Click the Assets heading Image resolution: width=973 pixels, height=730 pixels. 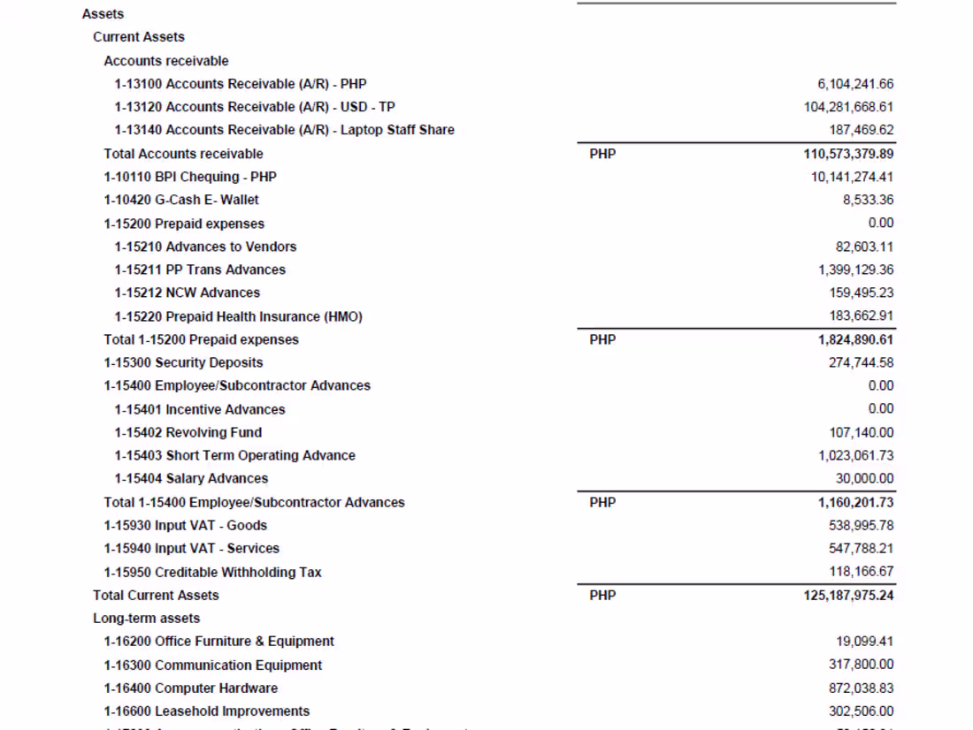point(103,14)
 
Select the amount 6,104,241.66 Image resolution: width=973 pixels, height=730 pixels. point(855,84)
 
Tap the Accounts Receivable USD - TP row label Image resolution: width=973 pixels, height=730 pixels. point(255,107)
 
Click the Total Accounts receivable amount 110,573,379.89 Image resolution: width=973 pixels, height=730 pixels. point(843,154)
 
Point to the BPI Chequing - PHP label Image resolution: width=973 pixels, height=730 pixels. point(190,177)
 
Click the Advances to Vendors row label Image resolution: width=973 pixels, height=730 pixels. point(205,247)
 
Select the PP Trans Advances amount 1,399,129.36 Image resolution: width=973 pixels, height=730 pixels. point(855,270)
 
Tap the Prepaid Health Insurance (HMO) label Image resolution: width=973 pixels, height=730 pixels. point(238,316)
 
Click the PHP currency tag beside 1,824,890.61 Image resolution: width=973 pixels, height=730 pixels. point(602,339)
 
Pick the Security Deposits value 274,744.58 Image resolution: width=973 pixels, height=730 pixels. point(861,362)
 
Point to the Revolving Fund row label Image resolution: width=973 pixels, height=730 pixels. point(188,432)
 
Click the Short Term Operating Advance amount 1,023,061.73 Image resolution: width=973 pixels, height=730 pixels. point(855,455)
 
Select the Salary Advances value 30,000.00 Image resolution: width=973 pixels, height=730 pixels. point(864,478)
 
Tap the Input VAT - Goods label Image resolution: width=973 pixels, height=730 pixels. point(185,525)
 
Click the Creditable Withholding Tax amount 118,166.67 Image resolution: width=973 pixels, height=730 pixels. point(861,572)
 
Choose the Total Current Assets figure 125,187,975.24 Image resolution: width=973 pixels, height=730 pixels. point(843,596)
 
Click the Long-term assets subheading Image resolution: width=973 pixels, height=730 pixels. point(147,619)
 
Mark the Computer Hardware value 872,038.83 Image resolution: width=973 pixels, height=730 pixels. point(861,688)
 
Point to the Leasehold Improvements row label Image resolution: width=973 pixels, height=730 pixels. point(206,711)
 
